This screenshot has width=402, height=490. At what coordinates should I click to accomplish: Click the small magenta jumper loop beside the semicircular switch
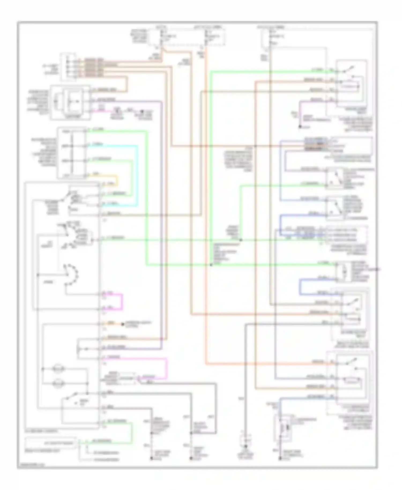point(122,302)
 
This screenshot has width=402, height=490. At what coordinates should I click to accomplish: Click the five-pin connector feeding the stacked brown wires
point(69,67)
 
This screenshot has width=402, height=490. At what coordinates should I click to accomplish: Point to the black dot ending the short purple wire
point(300,126)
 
